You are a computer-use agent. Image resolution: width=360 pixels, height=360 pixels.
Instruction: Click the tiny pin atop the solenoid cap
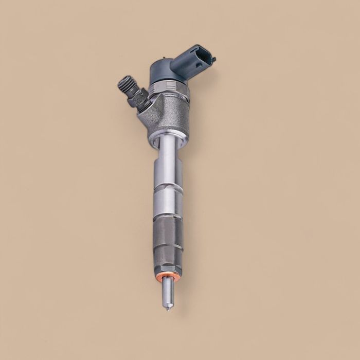(x=164, y=60)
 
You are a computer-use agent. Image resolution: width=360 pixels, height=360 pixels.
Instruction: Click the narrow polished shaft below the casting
(x=166, y=154)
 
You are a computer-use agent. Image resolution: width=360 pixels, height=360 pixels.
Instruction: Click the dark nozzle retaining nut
(x=169, y=242)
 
